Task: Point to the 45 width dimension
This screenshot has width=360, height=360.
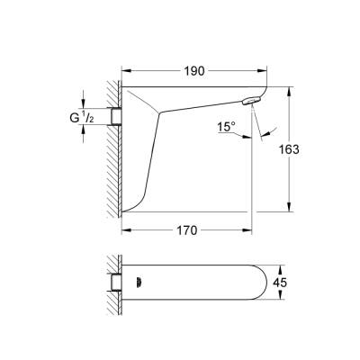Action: [x=306, y=281]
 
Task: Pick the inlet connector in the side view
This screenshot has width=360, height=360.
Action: [x=114, y=115]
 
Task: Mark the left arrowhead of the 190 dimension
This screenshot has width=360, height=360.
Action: [x=125, y=68]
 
